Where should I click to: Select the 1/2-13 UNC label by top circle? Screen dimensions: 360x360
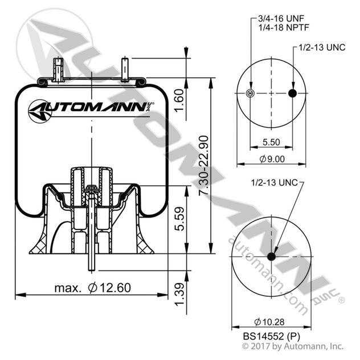point(321,49)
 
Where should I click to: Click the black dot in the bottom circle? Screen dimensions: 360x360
point(271,257)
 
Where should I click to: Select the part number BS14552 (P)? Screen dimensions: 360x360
point(271,337)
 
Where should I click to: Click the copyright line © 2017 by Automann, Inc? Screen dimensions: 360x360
point(292,346)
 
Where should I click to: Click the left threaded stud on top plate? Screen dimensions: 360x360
point(57,71)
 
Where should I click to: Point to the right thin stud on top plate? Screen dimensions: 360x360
point(126,70)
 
